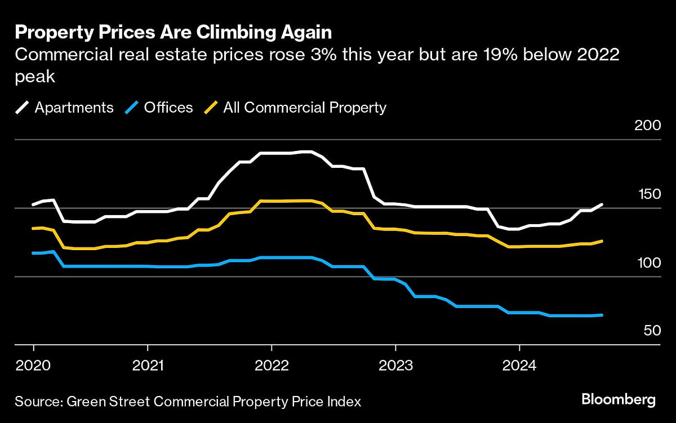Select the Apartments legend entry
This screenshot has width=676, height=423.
coord(74,107)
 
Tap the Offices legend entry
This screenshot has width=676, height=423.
coord(168,107)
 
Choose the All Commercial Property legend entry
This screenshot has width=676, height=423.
coord(304,107)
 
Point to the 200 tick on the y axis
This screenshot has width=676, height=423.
coord(647,126)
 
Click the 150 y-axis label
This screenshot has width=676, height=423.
coord(647,194)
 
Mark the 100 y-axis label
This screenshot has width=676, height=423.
coord(647,263)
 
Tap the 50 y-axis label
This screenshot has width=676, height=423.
coord(651,331)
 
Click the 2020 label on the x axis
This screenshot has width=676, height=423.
coord(33,365)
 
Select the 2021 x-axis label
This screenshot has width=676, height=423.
coord(148,365)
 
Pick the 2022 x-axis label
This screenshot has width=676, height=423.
coord(272,365)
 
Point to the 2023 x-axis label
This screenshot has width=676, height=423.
coord(395,365)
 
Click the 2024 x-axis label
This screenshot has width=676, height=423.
coord(519,365)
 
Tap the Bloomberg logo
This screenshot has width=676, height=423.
coord(619,400)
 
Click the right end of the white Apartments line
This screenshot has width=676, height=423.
coord(602,204)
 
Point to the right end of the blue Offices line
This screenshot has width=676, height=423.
coord(602,315)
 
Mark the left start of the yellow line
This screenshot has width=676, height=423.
coord(33,228)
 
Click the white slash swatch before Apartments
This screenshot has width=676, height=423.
coord(23,107)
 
